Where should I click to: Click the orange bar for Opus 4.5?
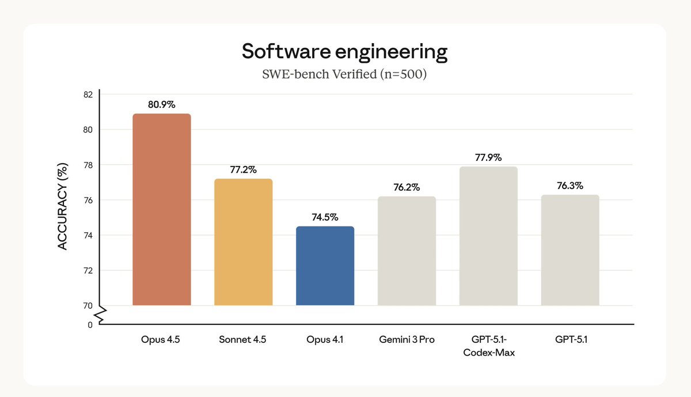tap(161, 210)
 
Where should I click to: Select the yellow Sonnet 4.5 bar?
tap(243, 242)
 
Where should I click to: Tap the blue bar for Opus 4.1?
tap(325, 266)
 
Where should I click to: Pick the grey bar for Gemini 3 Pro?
tap(407, 251)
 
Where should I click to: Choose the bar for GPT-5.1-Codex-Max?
tap(488, 236)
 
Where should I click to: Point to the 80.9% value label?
tap(161, 105)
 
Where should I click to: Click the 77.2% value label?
tap(243, 170)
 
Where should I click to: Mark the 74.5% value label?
tap(325, 217)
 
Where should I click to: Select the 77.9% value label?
tap(488, 157)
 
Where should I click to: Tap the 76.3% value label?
tap(570, 186)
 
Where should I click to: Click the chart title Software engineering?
tap(344, 51)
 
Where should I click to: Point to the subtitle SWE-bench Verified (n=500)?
tap(344, 74)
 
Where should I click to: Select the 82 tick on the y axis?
tap(88, 94)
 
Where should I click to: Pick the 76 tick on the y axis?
tap(88, 200)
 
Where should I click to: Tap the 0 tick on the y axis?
tap(90, 325)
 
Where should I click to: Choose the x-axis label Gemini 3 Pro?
tap(407, 340)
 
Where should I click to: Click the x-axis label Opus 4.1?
tap(325, 340)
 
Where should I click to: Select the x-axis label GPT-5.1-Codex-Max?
tap(488, 346)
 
